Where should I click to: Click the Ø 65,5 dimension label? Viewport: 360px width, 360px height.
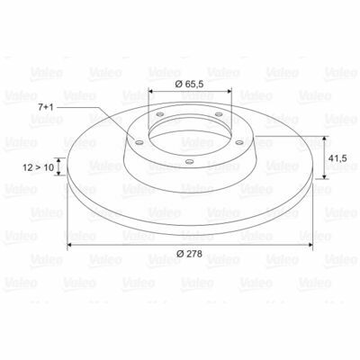(189, 85)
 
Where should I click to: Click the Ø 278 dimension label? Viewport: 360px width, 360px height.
(189, 254)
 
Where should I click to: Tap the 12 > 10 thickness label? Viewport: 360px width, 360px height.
(38, 167)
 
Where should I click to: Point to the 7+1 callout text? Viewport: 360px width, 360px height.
(46, 107)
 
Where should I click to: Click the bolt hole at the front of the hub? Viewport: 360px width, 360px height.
(189, 162)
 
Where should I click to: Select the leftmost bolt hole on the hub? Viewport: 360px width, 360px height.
(139, 142)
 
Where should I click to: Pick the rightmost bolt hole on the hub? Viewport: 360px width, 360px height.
(239, 142)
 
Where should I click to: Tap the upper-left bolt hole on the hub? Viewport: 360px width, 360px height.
(160, 114)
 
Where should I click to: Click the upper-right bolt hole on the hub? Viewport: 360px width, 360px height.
(219, 114)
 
